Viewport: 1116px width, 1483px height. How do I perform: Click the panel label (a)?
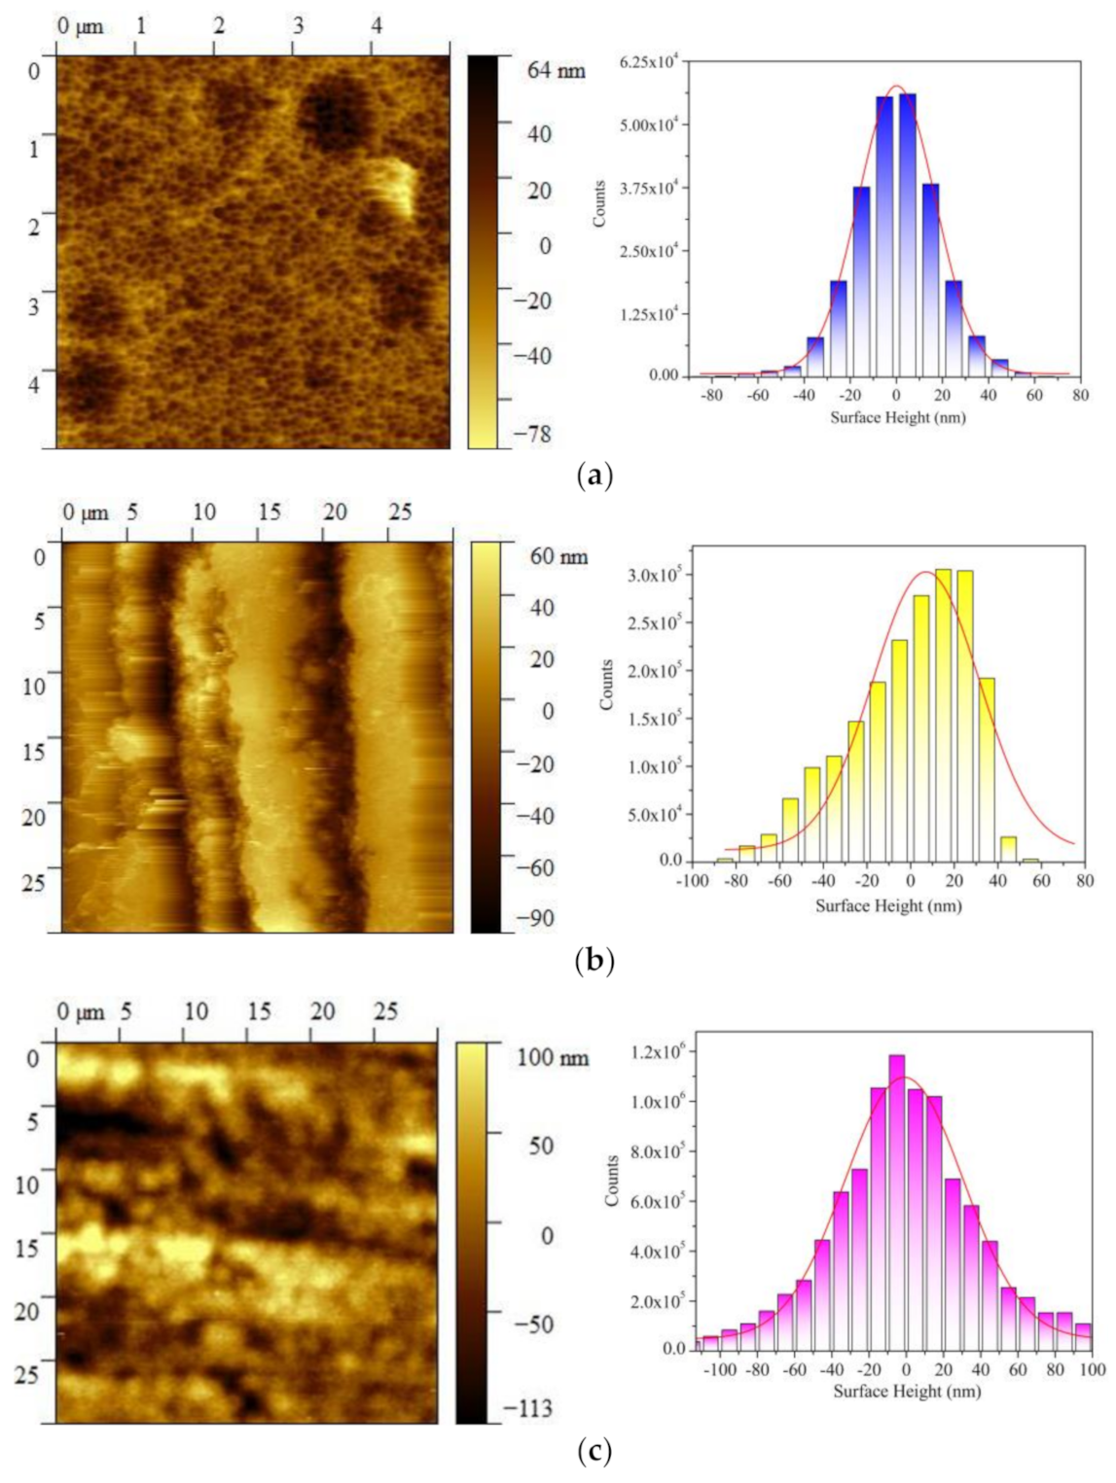(x=594, y=476)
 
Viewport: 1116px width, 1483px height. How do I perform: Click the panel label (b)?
(x=594, y=961)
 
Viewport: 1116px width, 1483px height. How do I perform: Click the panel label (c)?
(x=594, y=1452)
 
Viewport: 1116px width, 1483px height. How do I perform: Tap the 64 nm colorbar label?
(x=557, y=70)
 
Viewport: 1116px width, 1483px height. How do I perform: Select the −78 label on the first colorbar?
(x=532, y=434)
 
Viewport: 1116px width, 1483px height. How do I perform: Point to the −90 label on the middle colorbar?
(x=534, y=918)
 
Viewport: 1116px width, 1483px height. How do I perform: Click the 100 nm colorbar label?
(x=552, y=1056)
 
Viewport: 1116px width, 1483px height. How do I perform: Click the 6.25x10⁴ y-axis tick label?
(x=649, y=62)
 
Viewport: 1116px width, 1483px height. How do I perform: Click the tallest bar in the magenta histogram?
(x=896, y=1201)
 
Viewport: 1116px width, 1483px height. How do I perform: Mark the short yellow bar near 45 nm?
(x=1008, y=848)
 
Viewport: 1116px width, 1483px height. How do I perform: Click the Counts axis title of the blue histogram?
(x=599, y=204)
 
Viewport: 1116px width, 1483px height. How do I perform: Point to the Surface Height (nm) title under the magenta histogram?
(x=907, y=1391)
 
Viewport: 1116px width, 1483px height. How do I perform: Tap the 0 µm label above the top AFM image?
(x=80, y=26)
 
